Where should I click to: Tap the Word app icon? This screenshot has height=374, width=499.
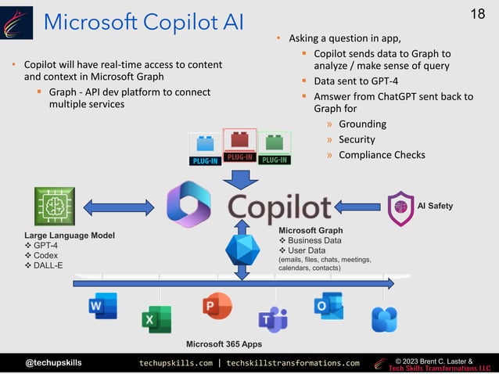point(102,305)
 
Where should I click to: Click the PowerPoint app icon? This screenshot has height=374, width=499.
point(217,305)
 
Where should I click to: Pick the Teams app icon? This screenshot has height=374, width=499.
point(273,318)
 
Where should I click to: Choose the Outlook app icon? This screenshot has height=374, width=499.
point(328,305)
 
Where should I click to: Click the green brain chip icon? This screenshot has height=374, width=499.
point(55,207)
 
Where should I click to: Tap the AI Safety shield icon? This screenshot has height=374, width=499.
point(400,208)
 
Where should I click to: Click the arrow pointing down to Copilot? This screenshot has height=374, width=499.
point(239,178)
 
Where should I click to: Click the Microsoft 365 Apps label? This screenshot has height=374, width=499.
point(224,344)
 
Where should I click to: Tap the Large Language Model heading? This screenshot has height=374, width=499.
point(70,235)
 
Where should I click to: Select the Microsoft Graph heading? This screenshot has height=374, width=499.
point(311,230)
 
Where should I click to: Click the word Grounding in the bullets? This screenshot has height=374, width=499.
point(363,124)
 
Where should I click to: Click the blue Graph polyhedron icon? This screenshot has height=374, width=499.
point(242,250)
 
